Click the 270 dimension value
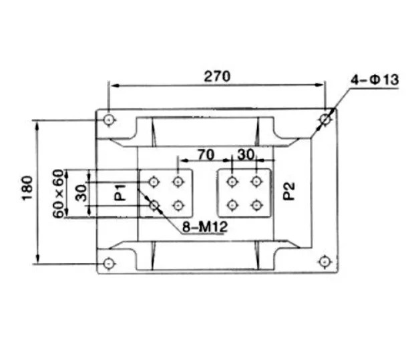pyautogui.click(x=217, y=77)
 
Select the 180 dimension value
pyautogui.click(x=27, y=188)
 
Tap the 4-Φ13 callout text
pyautogui.click(x=375, y=79)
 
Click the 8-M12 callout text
pyautogui.click(x=205, y=227)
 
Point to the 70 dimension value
pyautogui.click(x=206, y=155)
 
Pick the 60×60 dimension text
pyautogui.click(x=58, y=194)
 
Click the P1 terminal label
pyautogui.click(x=120, y=193)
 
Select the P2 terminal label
pyautogui.click(x=289, y=191)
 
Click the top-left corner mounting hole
pyautogui.click(x=109, y=120)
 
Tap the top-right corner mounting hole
pyautogui.click(x=325, y=120)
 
